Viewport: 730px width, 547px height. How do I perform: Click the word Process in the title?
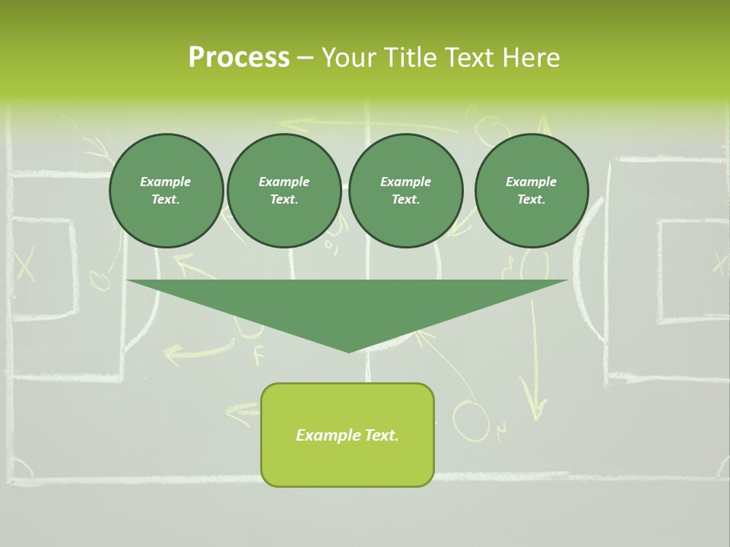pyautogui.click(x=239, y=58)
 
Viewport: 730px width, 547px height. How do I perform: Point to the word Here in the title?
pyautogui.click(x=532, y=58)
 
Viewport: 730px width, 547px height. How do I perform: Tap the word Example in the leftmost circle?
pyautogui.click(x=166, y=182)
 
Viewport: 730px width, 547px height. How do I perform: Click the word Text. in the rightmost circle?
pyautogui.click(x=531, y=199)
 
